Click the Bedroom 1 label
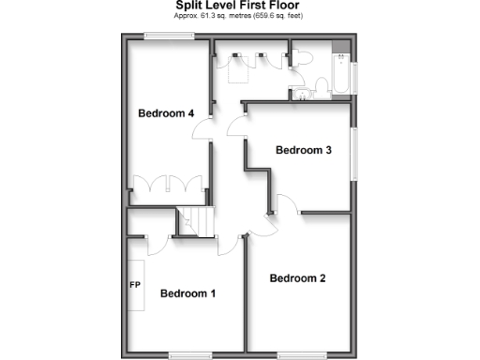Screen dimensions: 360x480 (187, 293)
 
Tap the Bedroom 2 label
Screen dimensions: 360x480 (297, 278)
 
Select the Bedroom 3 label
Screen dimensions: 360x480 (303, 150)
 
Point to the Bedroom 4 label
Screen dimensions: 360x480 (166, 113)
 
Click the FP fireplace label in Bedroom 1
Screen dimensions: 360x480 (135, 283)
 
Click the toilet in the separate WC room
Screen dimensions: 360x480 (302, 58)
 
